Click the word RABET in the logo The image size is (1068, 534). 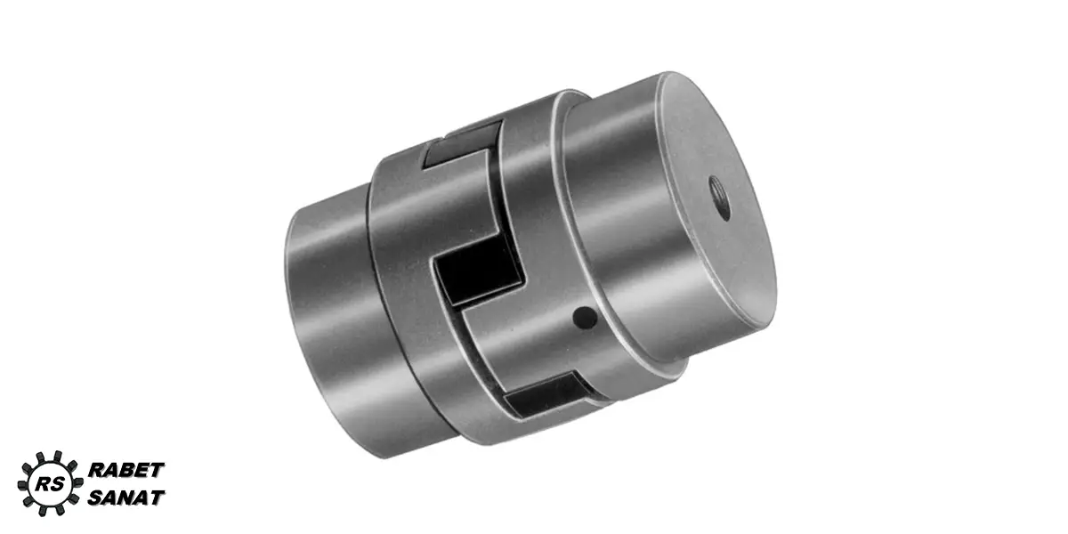126,470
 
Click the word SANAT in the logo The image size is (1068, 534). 126,498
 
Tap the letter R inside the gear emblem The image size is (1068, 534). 44,484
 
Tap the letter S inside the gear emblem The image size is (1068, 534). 58,484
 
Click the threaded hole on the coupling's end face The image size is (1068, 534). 719,198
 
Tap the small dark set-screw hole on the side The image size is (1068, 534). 585,318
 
